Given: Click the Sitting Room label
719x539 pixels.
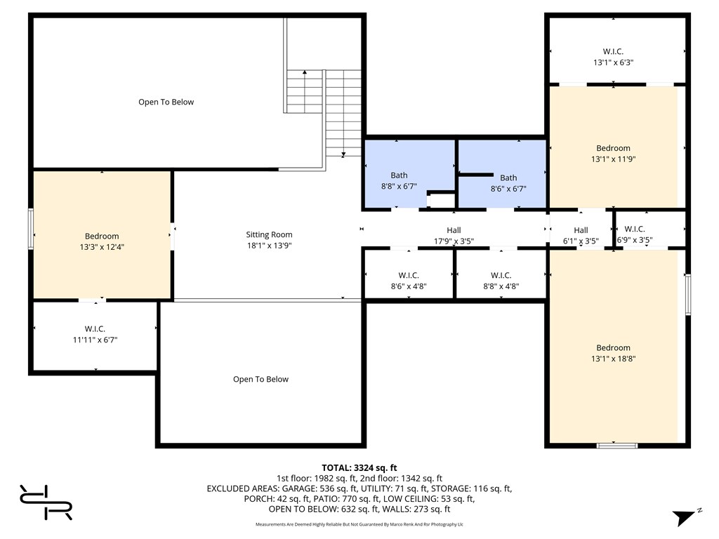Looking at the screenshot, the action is [269, 234].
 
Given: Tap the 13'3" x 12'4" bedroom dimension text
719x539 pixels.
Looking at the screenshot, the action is [102, 247].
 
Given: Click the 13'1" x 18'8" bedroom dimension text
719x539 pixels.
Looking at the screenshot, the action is [614, 359].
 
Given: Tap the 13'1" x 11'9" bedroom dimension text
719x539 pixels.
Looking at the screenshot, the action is [614, 159].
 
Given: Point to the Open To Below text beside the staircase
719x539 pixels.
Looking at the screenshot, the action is [166, 102].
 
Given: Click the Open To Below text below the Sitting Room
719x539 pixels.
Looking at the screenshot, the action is [261, 380].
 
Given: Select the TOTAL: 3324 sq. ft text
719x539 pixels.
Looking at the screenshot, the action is [359, 468].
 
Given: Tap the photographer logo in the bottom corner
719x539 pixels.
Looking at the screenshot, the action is [46, 503].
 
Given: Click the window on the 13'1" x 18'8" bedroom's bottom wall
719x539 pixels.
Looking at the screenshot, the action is [617, 446].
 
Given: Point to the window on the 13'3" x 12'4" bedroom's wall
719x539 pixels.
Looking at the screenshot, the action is [31, 229].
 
